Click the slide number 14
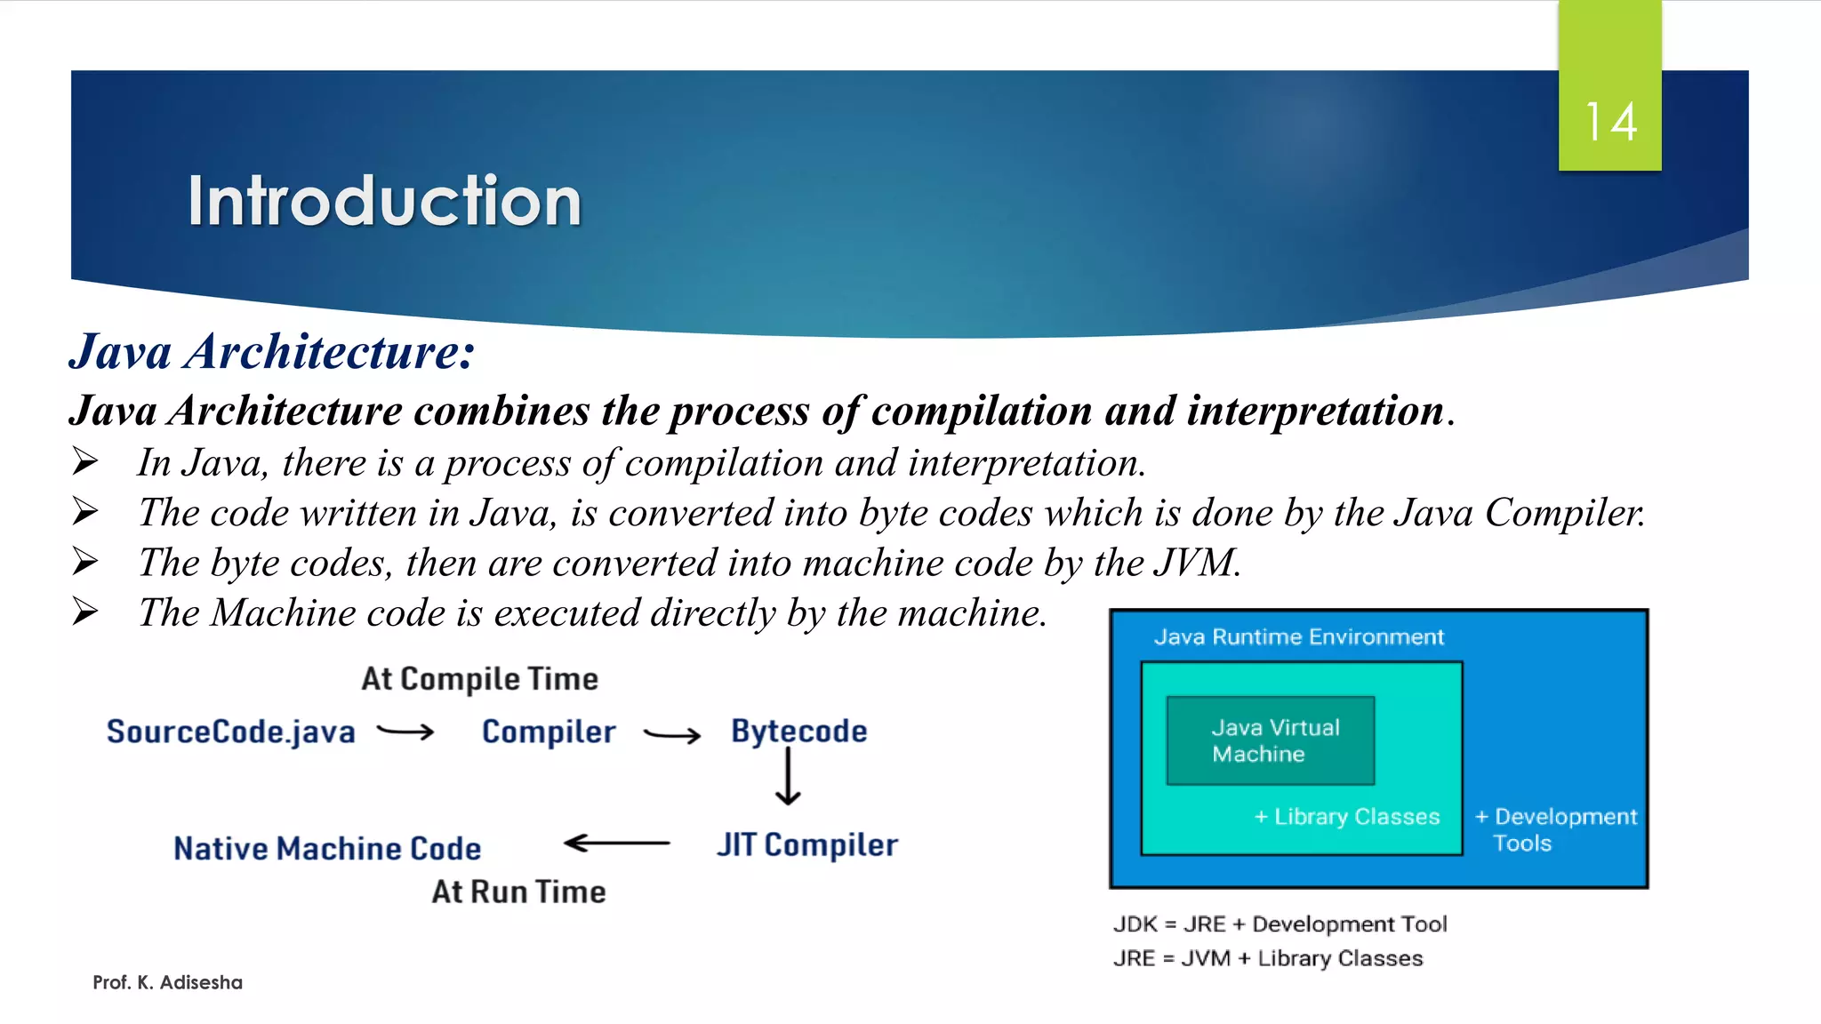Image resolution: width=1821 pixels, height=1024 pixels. click(1610, 123)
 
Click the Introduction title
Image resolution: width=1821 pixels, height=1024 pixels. click(384, 201)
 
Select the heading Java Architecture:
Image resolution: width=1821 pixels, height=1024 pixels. click(272, 351)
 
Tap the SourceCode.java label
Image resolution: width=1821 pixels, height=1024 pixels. click(230, 732)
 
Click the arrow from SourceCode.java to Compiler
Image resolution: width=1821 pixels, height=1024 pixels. click(405, 732)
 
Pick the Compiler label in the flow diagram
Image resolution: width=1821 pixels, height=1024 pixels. click(549, 732)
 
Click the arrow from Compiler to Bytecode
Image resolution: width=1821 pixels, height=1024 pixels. click(672, 734)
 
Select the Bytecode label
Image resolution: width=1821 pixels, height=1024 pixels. click(798, 731)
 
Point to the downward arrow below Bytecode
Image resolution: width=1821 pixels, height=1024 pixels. click(788, 777)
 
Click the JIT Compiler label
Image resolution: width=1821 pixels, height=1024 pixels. click(807, 844)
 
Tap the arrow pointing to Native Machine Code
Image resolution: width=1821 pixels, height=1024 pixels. click(616, 843)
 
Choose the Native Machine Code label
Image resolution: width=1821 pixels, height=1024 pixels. click(327, 848)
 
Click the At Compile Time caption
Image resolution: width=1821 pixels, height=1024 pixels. click(479, 679)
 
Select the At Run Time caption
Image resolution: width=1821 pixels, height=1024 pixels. click(518, 892)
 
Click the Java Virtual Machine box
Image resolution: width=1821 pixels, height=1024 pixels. click(1271, 740)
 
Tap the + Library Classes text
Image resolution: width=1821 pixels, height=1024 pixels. click(1347, 817)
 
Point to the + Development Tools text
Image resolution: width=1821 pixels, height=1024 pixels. click(1555, 829)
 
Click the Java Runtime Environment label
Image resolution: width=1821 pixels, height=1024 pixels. click(1298, 636)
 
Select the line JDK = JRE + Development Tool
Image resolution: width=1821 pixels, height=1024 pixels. click(1280, 924)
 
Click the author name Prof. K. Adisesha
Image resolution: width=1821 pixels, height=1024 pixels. click(167, 982)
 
